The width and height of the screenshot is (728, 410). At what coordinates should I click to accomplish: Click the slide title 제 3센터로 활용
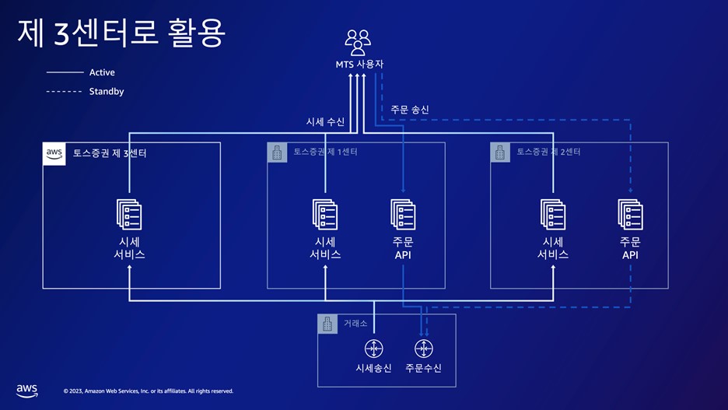point(121,33)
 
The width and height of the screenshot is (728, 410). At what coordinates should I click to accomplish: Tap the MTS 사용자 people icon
point(358,42)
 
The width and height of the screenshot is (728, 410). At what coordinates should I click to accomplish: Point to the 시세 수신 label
point(325,122)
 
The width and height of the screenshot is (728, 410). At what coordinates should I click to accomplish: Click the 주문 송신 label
point(410,110)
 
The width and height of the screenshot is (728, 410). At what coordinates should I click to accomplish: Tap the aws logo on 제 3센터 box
point(54,153)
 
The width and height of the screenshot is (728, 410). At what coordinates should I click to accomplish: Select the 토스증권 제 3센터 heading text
point(110,153)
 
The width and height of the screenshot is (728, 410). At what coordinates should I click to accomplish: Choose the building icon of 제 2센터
point(501,152)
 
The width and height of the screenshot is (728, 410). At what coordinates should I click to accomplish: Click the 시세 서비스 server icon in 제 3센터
point(129,214)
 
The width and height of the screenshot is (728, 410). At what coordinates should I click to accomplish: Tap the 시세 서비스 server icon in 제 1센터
point(325,214)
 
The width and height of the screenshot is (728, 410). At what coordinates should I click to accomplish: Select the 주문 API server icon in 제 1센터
point(403,214)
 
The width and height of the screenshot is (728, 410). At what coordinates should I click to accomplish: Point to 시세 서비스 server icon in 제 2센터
point(553,214)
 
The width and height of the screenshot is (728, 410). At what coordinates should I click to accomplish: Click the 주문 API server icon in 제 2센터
point(630,214)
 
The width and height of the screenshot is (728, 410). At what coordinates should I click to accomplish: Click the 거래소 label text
point(355,323)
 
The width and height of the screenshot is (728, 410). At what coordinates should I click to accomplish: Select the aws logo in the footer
point(27,390)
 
